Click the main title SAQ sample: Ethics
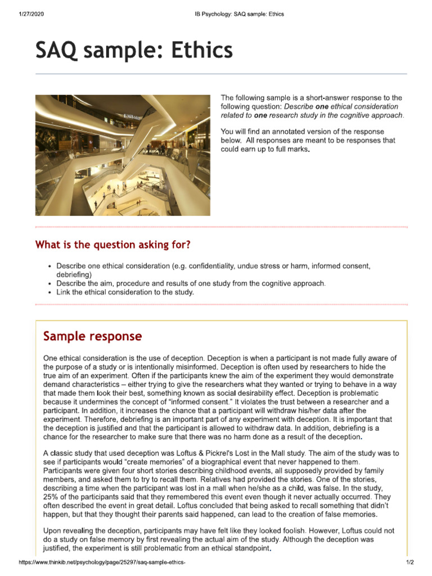[134, 51]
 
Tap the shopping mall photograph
[123, 155]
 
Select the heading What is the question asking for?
[112, 245]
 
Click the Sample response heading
[92, 336]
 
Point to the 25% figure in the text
[51, 497]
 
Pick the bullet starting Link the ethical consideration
[125, 292]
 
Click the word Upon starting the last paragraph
[53, 530]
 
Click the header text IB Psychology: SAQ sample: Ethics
[235, 14]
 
